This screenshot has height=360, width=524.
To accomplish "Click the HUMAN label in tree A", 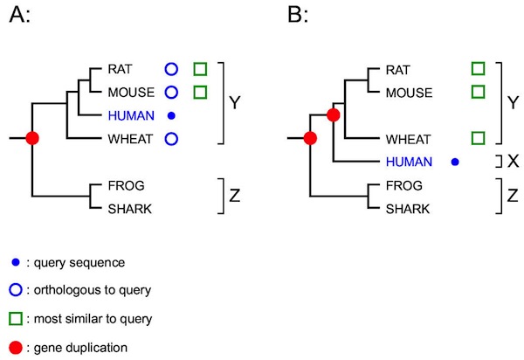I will [131, 114].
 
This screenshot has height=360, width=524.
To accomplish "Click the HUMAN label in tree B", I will [412, 161].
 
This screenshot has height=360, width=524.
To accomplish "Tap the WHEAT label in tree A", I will [129, 138].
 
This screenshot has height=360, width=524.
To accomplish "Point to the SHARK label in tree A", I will [129, 208].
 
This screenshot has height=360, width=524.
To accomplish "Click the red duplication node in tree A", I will [32, 138].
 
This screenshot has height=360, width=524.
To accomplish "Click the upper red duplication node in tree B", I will [333, 114].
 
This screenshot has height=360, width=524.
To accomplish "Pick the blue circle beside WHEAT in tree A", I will [172, 138].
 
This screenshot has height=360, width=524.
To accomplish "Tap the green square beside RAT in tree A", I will [200, 68].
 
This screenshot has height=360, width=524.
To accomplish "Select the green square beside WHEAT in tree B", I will [478, 138].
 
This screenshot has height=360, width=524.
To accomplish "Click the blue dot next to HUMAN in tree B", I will [454, 162].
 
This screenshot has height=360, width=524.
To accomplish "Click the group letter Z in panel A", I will [234, 197].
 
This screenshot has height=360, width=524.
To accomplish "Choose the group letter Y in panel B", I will [513, 103].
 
